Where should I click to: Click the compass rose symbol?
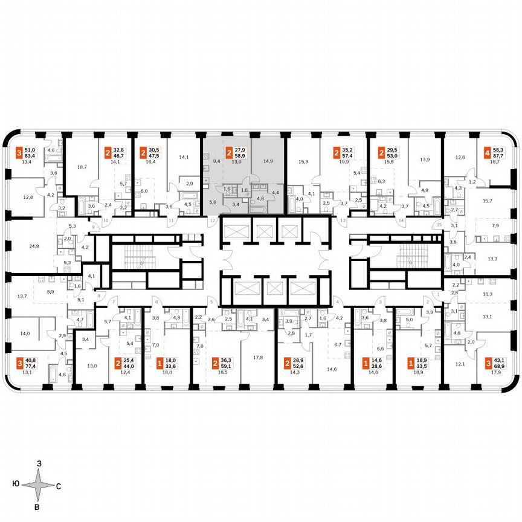pos(37,485)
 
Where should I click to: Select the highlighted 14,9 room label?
pos(267,161)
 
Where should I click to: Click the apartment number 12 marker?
pos(212,222)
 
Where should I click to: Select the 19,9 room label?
pos(345,162)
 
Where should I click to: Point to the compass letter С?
pos(59,485)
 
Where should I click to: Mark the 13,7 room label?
pos(22,296)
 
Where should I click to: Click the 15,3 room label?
pos(304,161)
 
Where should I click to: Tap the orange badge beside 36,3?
pos(216,364)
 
